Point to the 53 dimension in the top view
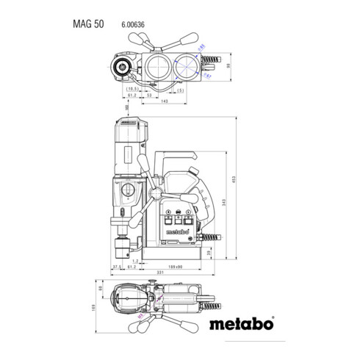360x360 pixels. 149,95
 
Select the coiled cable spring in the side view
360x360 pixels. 212,237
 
